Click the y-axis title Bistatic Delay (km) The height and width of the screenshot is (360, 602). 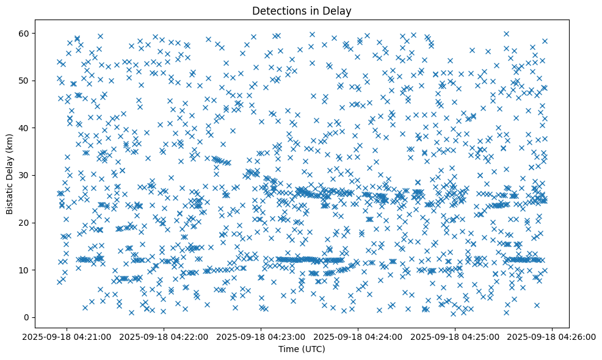click(10, 175)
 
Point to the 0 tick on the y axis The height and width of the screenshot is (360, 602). click(27, 317)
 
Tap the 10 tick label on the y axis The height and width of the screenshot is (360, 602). click(25, 270)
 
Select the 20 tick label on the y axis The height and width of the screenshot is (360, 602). click(25, 223)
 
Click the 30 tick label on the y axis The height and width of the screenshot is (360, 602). click(25, 175)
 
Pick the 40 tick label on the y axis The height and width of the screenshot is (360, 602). click(25, 128)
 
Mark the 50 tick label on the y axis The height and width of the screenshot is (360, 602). click(25, 81)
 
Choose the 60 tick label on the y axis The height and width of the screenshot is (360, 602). click(25, 33)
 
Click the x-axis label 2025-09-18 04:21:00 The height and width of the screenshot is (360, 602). click(67, 336)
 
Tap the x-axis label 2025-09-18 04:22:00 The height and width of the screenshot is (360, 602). click(164, 336)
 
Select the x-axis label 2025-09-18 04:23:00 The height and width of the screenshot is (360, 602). click(261, 336)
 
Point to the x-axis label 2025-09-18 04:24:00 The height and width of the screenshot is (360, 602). click(358, 336)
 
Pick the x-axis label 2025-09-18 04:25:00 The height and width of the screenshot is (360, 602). click(455, 336)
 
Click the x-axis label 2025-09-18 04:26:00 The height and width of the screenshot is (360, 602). click(553, 336)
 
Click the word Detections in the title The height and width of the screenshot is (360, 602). click(278, 10)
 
